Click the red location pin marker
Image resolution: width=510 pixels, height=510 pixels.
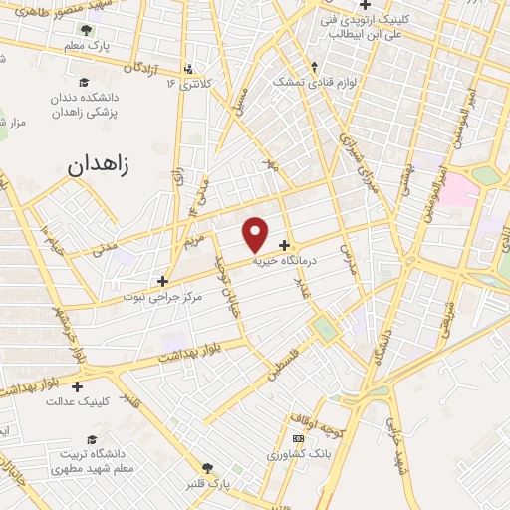point(256,234)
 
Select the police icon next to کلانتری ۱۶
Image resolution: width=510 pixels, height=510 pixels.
point(186,70)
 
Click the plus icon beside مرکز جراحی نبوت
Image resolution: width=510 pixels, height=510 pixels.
point(162,281)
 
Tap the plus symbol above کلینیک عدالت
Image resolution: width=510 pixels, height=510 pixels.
point(77,385)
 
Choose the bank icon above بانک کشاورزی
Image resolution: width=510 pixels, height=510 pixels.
point(296,439)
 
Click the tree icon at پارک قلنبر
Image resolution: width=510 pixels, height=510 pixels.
point(207,468)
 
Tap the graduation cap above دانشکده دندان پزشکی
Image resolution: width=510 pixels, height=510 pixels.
point(84,81)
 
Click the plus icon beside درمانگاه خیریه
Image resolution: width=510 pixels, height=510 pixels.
point(286,245)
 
